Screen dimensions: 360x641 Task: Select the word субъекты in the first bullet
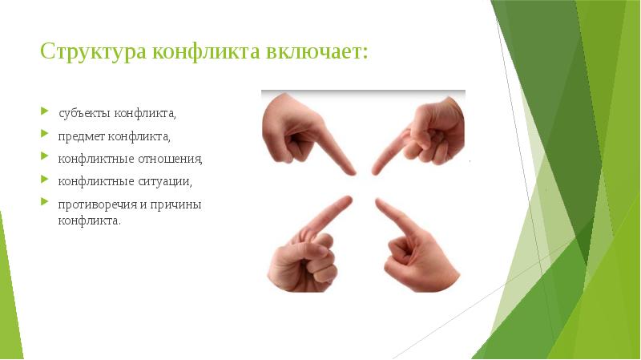coord(84,111)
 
